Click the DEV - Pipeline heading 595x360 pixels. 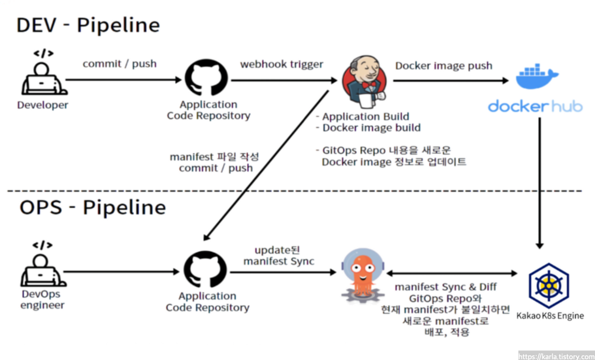click(x=88, y=25)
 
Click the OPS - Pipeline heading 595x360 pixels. click(x=92, y=208)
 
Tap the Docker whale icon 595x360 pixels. click(x=536, y=77)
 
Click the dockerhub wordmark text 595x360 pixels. click(x=535, y=106)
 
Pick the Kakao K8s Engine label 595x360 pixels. click(x=550, y=316)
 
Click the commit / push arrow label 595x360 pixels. click(x=120, y=64)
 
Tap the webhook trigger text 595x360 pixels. click(x=281, y=64)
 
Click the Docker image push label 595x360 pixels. click(x=443, y=65)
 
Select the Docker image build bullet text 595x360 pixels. click(x=368, y=128)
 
